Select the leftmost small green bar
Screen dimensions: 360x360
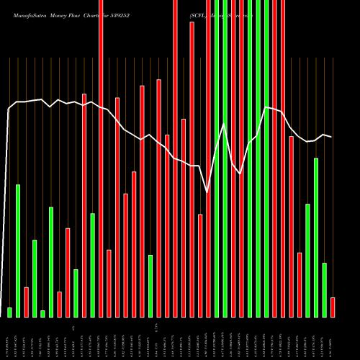[9, 312]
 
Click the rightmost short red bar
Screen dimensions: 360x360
[333, 307]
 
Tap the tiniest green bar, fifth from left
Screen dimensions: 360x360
[42, 313]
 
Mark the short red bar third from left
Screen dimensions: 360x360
[26, 302]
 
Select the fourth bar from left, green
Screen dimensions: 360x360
[35, 278]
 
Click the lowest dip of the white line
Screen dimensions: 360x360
[208, 192]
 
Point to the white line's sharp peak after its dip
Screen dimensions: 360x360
[224, 124]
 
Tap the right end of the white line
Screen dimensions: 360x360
[331, 137]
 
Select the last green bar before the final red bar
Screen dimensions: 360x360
[324, 289]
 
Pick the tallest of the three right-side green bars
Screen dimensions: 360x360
[316, 237]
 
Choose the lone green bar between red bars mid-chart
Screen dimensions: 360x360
[150, 286]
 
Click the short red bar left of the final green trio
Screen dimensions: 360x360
[300, 284]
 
